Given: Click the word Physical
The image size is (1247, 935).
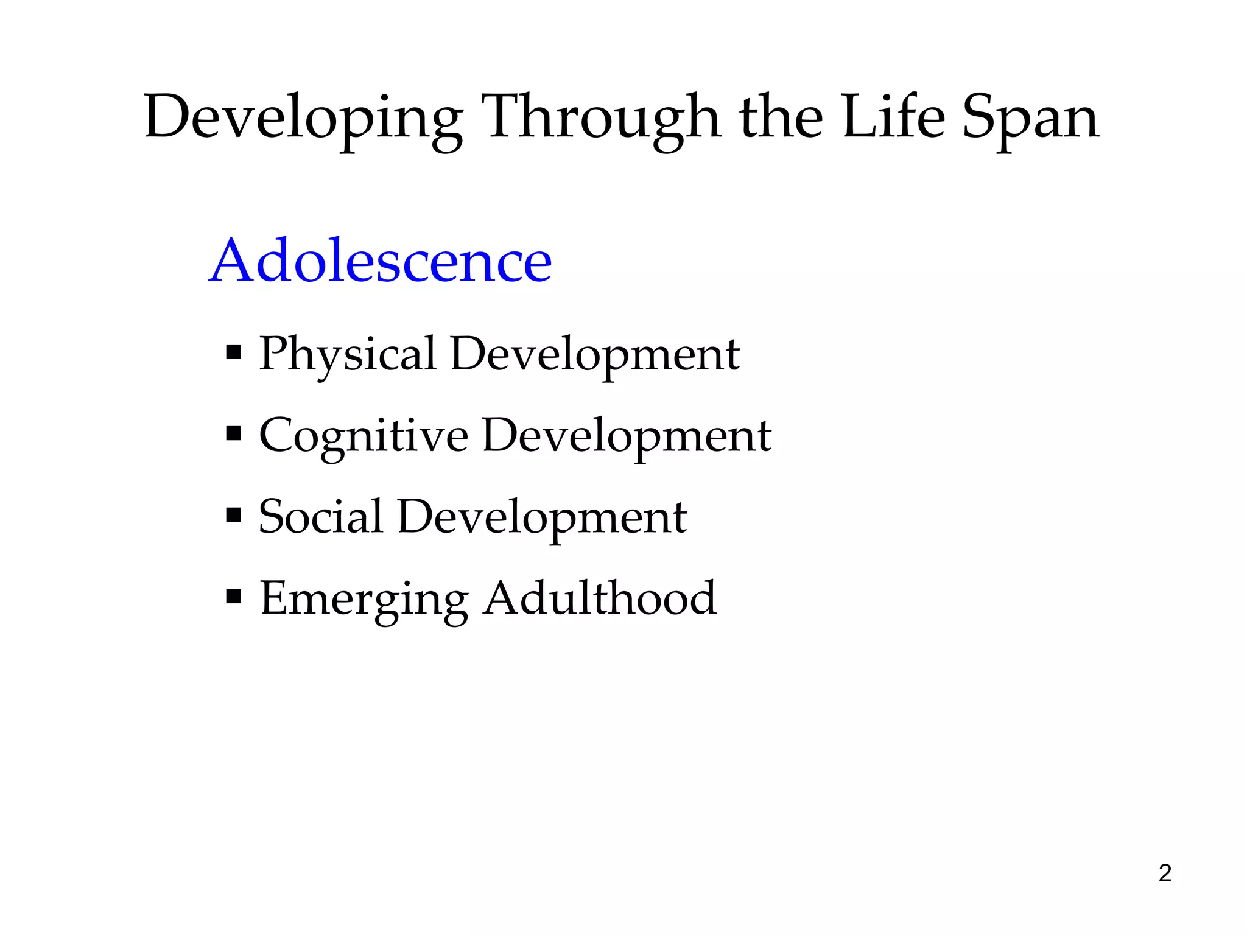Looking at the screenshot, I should pyautogui.click(x=348, y=354).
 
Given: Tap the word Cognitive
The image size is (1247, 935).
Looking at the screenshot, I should pyautogui.click(x=364, y=436).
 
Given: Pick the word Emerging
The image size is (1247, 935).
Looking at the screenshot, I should pyautogui.click(x=364, y=599).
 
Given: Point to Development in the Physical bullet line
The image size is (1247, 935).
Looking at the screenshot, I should pyautogui.click(x=595, y=354).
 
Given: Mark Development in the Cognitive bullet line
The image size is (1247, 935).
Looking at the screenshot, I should pyautogui.click(x=627, y=436).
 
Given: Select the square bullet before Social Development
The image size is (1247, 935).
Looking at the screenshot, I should pyautogui.click(x=233, y=515).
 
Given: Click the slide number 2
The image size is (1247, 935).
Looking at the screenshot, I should pyautogui.click(x=1165, y=873).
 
